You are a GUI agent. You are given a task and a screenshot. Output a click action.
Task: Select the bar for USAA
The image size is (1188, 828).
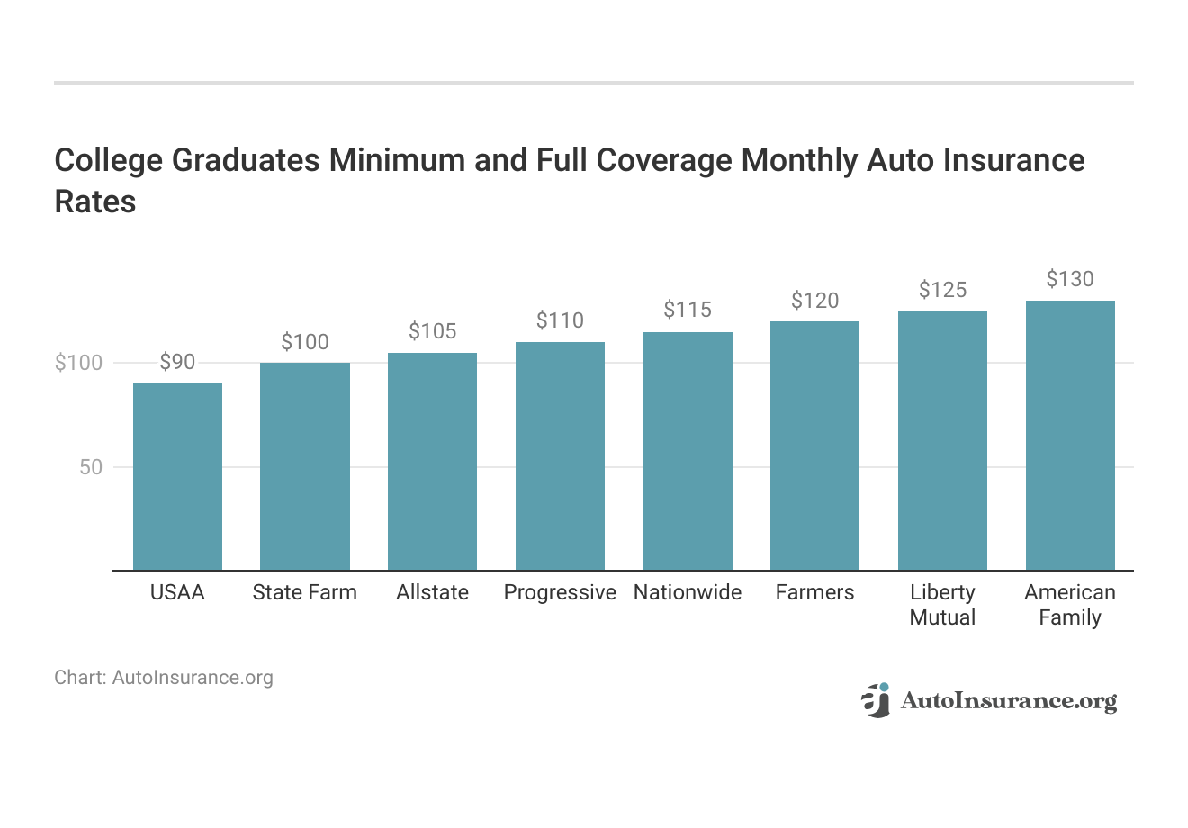point(177,477)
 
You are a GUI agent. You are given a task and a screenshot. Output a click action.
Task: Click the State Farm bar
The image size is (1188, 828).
point(305,466)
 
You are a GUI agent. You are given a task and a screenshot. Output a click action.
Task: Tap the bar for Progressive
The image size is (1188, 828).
point(560,456)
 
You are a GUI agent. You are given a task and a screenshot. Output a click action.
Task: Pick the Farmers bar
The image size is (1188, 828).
point(814,445)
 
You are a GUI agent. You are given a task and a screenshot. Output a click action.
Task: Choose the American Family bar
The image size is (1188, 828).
point(1070,436)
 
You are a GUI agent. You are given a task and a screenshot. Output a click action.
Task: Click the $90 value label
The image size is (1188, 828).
point(177,362)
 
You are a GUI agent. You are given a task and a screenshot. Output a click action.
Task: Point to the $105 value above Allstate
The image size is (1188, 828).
point(432,331)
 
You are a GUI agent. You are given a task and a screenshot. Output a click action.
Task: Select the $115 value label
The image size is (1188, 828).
point(688,310)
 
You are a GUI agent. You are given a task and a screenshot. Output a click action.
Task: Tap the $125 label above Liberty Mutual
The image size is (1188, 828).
point(942,289)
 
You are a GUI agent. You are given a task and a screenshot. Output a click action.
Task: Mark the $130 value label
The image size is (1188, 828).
point(1070,279)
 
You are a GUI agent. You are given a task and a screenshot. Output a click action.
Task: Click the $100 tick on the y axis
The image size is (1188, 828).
point(79,363)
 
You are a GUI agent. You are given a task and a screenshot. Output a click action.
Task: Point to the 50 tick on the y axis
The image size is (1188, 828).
point(91,467)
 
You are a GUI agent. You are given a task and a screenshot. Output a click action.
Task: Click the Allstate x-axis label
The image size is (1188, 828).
point(432,592)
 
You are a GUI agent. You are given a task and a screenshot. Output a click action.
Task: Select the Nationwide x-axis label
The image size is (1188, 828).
point(688,592)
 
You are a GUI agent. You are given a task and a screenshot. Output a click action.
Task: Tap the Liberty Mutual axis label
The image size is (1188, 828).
point(942,605)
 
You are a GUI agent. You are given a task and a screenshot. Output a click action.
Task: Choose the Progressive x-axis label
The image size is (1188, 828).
point(560,592)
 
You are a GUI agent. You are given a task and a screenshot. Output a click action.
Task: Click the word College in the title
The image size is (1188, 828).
point(108,160)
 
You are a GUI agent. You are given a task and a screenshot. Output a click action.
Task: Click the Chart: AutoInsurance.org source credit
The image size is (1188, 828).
point(164,677)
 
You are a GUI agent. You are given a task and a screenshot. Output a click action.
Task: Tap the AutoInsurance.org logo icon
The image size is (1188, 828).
point(875,700)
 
